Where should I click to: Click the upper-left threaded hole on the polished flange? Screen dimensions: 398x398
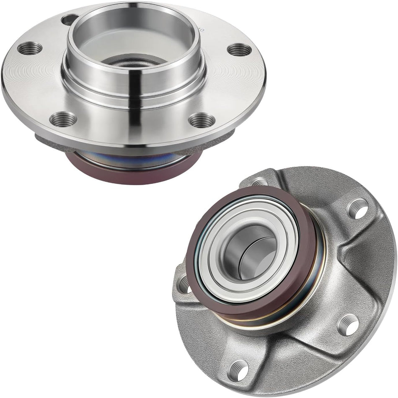coord(30,49)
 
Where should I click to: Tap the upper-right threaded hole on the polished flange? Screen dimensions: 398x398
coord(239,49)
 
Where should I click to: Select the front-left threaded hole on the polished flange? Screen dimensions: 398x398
coord(63,119)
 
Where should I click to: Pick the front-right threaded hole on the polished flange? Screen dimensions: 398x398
coord(202,120)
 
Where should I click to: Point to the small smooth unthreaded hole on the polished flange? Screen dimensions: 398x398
coord(70,19)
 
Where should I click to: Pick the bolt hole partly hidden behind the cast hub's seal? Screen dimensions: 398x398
coord(260,182)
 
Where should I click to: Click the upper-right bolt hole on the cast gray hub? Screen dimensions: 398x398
coord(358,208)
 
